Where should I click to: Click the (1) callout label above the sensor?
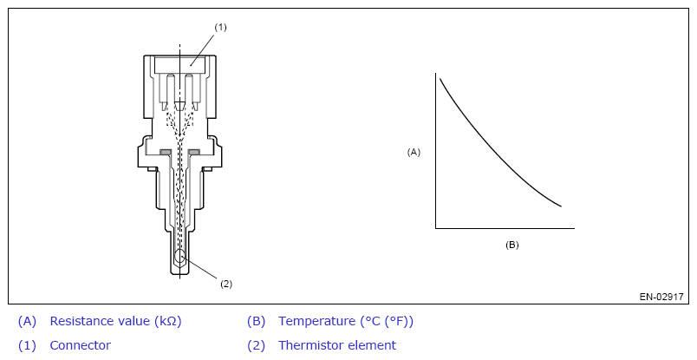point(220,27)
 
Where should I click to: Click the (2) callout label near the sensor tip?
point(226,284)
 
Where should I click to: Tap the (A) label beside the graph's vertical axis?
point(414,152)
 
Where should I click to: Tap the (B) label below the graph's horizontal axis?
point(511,245)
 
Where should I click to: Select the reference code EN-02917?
point(661,297)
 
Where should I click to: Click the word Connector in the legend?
point(81,345)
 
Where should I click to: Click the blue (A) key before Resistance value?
point(27,321)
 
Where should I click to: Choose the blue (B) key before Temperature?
point(256,321)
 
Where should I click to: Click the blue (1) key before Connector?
point(27,345)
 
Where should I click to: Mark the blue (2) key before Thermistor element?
point(256,345)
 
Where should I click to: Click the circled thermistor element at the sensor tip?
point(179,258)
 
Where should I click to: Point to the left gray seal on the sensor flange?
point(166,154)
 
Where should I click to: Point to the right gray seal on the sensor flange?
point(193,154)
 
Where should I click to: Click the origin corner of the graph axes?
point(435,229)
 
